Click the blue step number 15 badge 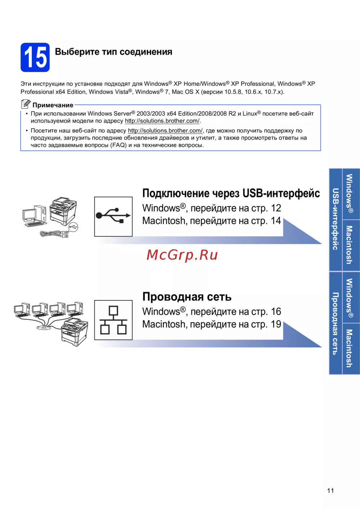pos(35,57)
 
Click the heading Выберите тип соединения pos(113,52)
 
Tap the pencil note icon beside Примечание pos(26,104)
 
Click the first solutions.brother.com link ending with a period pos(162,121)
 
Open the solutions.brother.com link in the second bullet pos(165,131)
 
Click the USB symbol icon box pos(113,217)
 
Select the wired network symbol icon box pos(113,320)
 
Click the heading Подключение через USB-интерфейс pos(231,194)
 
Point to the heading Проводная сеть pos(187,297)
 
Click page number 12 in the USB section pos(276,208)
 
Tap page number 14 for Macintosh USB pos(276,221)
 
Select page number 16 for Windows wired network pos(276,312)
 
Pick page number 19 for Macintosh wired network pos(276,324)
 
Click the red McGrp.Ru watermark pos(182,255)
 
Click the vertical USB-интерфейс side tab pos(336,219)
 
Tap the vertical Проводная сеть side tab pos(336,323)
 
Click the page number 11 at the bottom pos(330,491)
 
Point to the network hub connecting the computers pos(44,328)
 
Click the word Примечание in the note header pos(53,105)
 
